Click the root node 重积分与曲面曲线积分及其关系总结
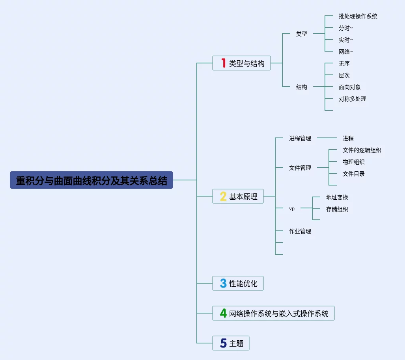pyautogui.click(x=91, y=180)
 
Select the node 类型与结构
pyautogui.click(x=247, y=63)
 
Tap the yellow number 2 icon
pyautogui.click(x=223, y=197)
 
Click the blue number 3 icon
pyautogui.click(x=223, y=284)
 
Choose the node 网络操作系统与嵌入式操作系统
pyautogui.click(x=279, y=314)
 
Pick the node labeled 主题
pyautogui.click(x=236, y=343)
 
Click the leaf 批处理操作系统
pyautogui.click(x=358, y=17)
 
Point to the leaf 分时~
pyautogui.click(x=345, y=28)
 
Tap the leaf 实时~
pyautogui.click(x=345, y=40)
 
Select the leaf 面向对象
pyautogui.click(x=349, y=87)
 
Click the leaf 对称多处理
pyautogui.click(x=352, y=99)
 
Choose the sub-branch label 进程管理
pyautogui.click(x=300, y=139)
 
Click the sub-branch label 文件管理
pyautogui.click(x=300, y=168)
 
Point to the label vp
pyautogui.click(x=292, y=209)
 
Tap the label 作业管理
pyautogui.click(x=300, y=232)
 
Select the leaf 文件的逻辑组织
pyautogui.click(x=362, y=150)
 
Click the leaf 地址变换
pyautogui.click(x=337, y=198)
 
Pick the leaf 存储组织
pyautogui.click(x=337, y=210)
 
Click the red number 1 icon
pyautogui.click(x=223, y=63)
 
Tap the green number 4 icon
pyautogui.click(x=223, y=314)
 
